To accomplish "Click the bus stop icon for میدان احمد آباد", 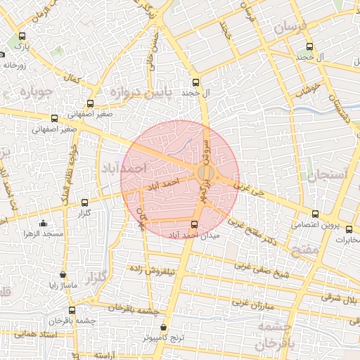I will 195,225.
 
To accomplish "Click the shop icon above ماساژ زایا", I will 64,275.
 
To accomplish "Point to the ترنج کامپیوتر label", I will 164,337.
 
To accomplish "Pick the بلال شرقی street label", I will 342,299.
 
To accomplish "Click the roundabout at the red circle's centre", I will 205,173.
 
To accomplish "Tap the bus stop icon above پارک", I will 22,37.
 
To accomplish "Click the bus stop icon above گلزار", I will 85,202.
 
